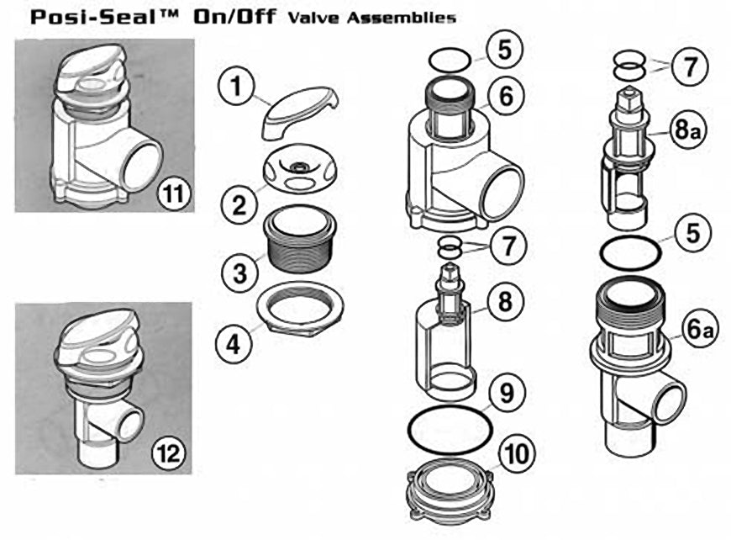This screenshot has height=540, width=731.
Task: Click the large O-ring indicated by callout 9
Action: pos(449,431)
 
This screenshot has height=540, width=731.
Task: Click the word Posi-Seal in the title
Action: pos(85,16)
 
